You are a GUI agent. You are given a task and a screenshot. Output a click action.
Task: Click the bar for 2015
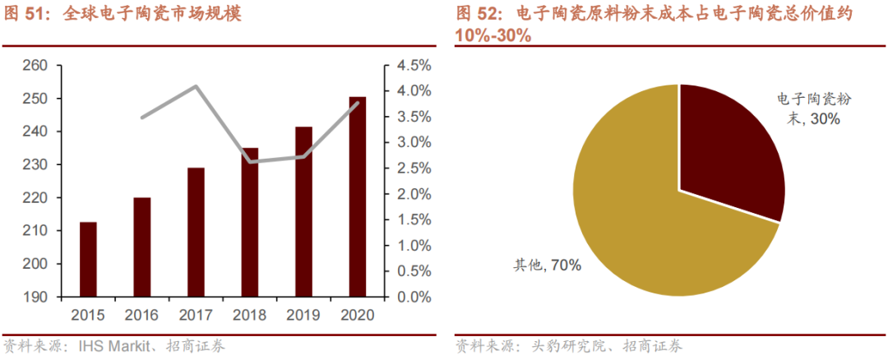coord(88,259)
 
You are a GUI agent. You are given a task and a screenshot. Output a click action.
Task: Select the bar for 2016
coord(142,247)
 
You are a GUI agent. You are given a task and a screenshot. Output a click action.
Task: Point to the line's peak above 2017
coord(196,86)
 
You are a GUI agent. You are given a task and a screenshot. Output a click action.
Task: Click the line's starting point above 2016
coord(142,118)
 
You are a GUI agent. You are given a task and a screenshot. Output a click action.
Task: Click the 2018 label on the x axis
coord(250,316)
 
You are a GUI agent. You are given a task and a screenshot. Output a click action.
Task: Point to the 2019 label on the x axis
coord(303,316)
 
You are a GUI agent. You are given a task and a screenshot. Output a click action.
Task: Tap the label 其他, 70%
coord(548,265)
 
